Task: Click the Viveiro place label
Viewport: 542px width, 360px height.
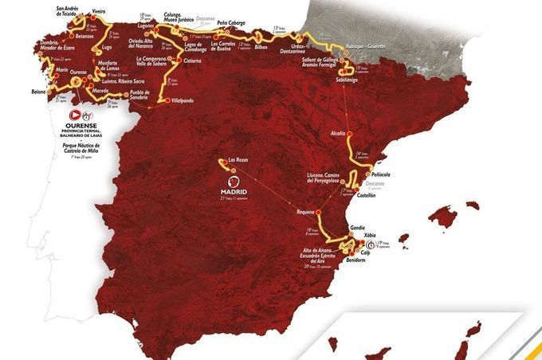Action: pos(98,12)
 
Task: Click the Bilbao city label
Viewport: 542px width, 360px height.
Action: pos(266,46)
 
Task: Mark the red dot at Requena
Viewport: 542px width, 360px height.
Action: pos(319,213)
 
